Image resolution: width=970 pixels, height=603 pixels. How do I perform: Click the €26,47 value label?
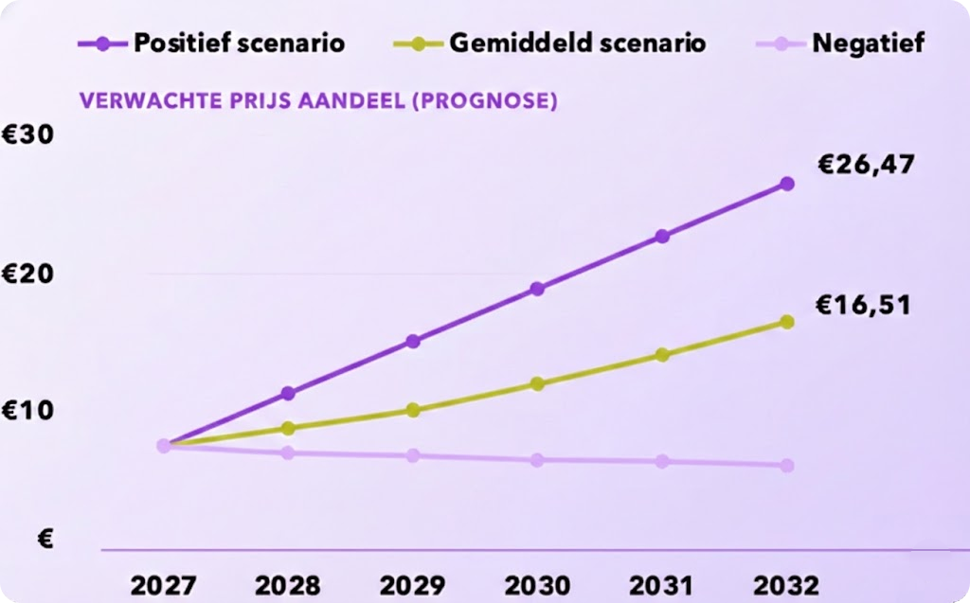[x=866, y=165]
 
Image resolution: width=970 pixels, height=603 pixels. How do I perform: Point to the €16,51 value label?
[x=863, y=305]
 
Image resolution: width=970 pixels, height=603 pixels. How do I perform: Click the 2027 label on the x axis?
[x=163, y=584]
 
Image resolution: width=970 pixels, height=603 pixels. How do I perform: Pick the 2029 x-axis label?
[x=413, y=584]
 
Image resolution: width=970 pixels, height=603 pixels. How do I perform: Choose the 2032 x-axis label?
[x=786, y=584]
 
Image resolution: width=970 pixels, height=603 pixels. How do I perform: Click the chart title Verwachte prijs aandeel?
[x=318, y=100]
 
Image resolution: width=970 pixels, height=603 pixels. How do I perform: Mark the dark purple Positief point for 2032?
[x=786, y=184]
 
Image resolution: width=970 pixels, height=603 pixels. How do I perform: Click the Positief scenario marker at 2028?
[x=288, y=393]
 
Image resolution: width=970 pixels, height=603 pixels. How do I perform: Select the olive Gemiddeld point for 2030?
[x=537, y=384]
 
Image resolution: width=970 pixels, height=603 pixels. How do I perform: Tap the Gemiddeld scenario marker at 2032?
[x=786, y=322]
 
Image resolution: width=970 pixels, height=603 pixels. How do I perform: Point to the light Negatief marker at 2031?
[x=662, y=462]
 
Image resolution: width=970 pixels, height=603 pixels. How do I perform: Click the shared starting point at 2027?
[x=164, y=446]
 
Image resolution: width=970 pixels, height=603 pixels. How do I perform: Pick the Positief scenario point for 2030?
[x=537, y=289]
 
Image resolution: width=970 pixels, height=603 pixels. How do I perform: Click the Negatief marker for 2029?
[x=413, y=456]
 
